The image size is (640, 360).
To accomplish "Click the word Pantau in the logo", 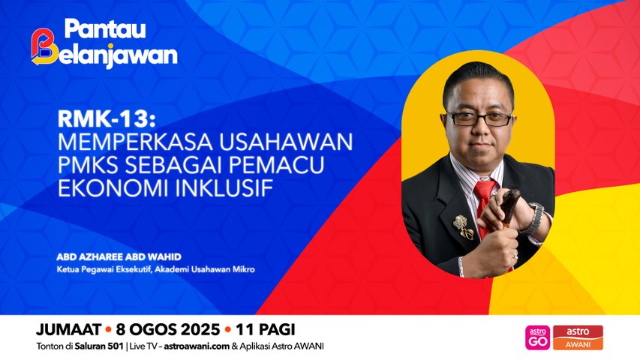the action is point(105,29).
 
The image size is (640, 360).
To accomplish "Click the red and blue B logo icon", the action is point(44,47).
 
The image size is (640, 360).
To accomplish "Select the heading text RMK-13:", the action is point(107,119).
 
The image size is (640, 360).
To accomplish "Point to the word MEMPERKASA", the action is point(135,142).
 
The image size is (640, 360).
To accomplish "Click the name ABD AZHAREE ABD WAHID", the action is point(119,256).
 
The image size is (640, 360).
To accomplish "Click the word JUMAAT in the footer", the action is point(68,329).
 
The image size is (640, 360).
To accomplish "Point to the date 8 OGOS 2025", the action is point(168,329).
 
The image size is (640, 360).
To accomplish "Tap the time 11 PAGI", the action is point(265,329).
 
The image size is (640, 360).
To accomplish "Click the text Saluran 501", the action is point(99,346).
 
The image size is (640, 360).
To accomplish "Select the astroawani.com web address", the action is point(197,346).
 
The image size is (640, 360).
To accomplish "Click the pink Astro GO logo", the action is point(537,338).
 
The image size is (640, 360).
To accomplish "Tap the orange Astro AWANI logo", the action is point(578,338).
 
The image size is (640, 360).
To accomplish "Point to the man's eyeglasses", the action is point(479,118).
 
